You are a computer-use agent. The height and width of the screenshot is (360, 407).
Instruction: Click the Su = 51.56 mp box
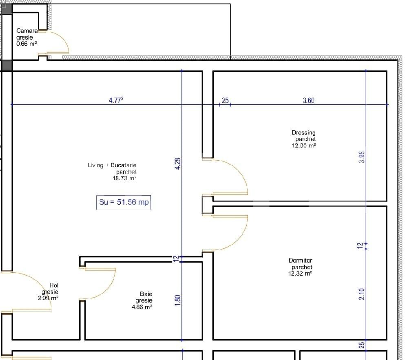(x=124, y=202)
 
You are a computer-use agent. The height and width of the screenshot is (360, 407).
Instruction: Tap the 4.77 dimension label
(x=116, y=100)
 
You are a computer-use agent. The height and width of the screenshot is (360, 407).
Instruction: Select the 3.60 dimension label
(x=309, y=100)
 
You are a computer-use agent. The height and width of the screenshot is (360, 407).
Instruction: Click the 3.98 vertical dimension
(x=361, y=157)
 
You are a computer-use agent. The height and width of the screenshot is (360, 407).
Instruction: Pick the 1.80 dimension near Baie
(x=177, y=299)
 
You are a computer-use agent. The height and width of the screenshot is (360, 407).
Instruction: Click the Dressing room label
(x=303, y=133)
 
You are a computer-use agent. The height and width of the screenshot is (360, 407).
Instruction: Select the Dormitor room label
(x=300, y=261)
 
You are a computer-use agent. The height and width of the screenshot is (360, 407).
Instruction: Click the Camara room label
(x=27, y=31)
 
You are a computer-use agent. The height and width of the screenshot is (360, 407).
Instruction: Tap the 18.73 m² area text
(x=124, y=178)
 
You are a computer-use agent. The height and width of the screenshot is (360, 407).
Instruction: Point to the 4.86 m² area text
(x=142, y=307)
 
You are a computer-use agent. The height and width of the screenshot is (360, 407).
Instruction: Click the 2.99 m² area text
(x=48, y=298)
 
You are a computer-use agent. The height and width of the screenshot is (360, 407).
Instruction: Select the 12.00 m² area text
(x=304, y=146)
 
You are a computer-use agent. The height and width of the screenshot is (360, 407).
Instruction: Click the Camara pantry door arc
(x=63, y=41)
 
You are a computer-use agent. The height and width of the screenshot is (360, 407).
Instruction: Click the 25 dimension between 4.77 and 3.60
(x=225, y=100)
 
